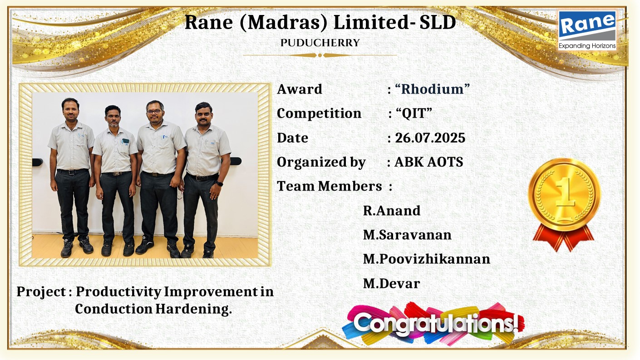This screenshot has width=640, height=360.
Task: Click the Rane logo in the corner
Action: (587, 30)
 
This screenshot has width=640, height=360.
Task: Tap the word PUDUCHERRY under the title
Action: (320, 43)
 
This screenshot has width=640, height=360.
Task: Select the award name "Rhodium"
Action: (432, 89)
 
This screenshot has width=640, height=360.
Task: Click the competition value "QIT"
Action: (414, 113)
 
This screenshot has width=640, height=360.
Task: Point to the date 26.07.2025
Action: (430, 138)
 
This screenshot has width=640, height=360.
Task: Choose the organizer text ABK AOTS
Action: (428, 162)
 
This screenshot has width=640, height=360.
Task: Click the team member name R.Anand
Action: (391, 211)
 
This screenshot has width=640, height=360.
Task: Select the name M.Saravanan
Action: (407, 235)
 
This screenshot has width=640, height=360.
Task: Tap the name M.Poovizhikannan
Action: (427, 259)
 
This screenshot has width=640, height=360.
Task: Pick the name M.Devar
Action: (391, 284)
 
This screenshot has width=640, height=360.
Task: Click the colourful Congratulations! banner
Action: (433, 324)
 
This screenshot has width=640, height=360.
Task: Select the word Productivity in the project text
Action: (118, 292)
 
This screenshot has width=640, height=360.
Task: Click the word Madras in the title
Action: (283, 23)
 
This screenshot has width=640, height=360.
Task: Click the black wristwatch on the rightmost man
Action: (219, 184)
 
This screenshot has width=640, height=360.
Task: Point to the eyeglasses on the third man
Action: (154, 111)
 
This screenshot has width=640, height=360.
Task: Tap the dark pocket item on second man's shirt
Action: (125, 142)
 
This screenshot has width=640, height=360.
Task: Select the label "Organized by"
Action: (321, 162)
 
